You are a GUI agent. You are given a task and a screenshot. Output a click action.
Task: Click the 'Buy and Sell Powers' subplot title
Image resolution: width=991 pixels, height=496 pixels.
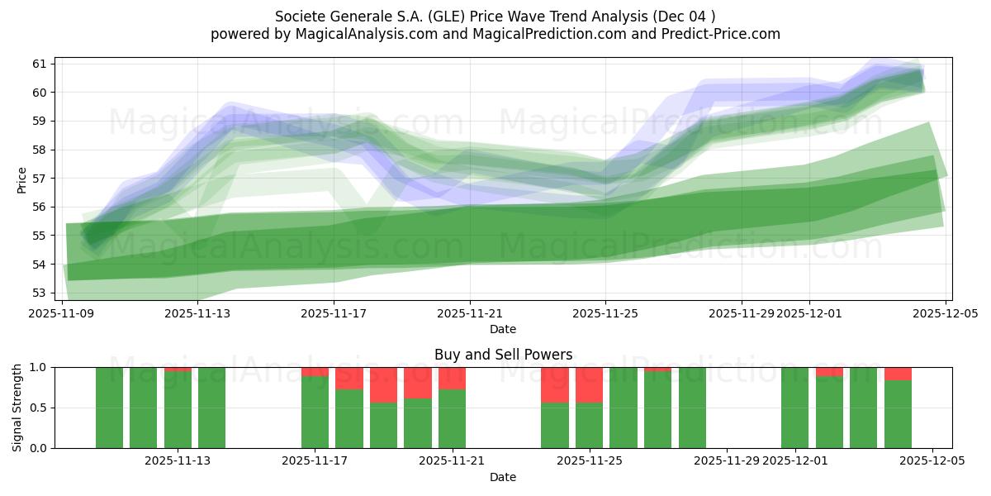pos(503,355)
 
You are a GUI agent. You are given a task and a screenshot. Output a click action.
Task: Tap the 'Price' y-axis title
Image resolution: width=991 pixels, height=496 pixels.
pos(21,179)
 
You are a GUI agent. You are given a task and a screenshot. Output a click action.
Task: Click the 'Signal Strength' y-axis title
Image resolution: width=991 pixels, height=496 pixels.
pos(17,408)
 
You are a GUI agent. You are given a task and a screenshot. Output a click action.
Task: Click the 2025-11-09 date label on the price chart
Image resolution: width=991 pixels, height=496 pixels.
pos(62,313)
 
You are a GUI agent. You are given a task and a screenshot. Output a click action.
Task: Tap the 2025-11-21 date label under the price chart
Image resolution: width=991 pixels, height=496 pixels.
pos(469,313)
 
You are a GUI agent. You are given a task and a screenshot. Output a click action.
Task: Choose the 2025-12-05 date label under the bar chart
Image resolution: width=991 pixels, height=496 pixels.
pos(932,461)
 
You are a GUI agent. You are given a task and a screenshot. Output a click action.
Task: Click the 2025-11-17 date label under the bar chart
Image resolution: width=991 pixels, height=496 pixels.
pos(315,461)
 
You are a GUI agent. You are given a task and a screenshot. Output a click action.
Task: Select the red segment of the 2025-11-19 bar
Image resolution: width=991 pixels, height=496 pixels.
pos(383,384)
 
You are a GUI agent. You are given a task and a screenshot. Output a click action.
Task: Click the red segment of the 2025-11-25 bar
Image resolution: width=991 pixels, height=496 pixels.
pos(589,384)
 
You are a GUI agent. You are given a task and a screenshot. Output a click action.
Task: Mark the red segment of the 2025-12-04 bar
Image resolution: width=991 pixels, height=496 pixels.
pos(898,374)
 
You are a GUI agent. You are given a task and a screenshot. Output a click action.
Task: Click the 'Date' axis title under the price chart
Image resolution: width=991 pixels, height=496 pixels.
pos(503,329)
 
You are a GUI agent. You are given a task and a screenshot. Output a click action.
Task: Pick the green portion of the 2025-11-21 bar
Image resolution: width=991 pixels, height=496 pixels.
pos(452,418)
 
